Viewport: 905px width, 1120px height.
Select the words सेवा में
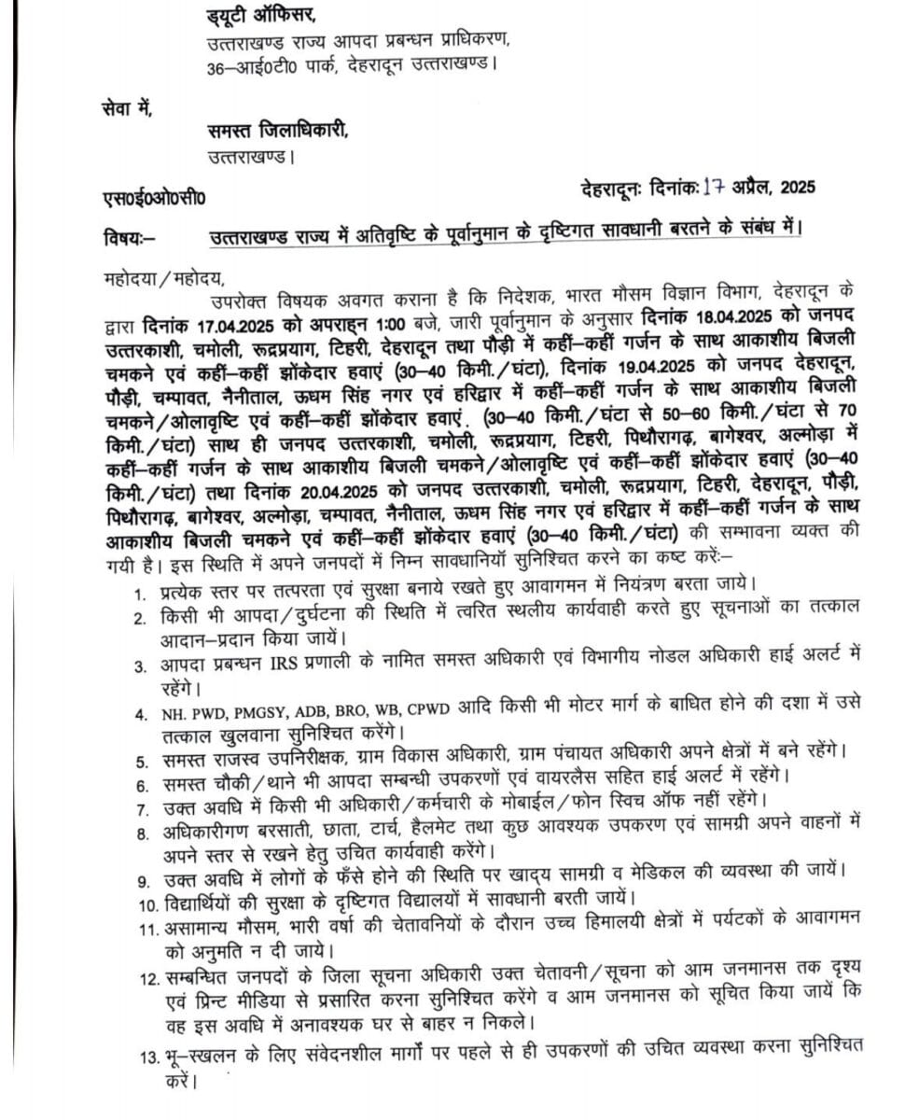pos(128,110)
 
